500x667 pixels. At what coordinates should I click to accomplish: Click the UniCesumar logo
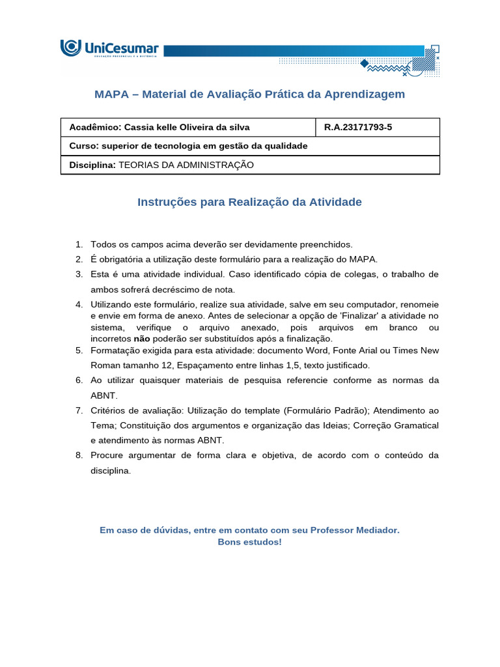109,49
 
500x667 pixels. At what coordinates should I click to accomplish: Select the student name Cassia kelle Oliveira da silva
178,127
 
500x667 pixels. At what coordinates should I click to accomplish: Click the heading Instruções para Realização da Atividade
249,203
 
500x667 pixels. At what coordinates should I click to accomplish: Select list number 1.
79,245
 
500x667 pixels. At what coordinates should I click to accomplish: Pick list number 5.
79,350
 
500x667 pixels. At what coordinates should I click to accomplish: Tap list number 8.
79,455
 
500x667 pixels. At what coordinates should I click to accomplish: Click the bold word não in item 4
141,339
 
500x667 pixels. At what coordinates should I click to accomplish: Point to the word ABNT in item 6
102,395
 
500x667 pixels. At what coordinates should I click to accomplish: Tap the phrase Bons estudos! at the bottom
249,542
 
